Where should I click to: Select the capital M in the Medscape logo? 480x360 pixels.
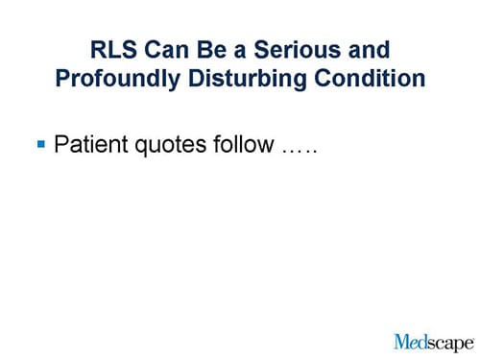pos(402,340)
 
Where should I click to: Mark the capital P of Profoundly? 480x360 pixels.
pos(63,78)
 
